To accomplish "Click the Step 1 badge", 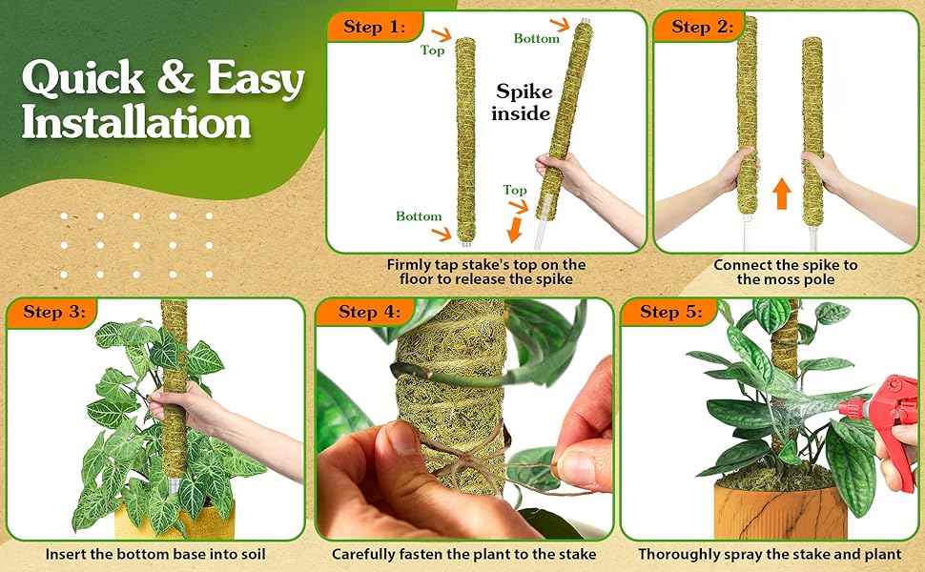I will pyautogui.click(x=375, y=28).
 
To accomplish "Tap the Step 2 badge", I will pyautogui.click(x=702, y=28).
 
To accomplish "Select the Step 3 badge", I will pyautogui.click(x=53, y=313).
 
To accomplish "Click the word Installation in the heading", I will pyautogui.click(x=136, y=123).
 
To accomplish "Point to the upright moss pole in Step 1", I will pyautogui.click(x=465, y=138).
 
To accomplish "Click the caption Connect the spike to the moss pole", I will pyautogui.click(x=785, y=272).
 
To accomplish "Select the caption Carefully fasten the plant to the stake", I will pyautogui.click(x=463, y=554).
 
